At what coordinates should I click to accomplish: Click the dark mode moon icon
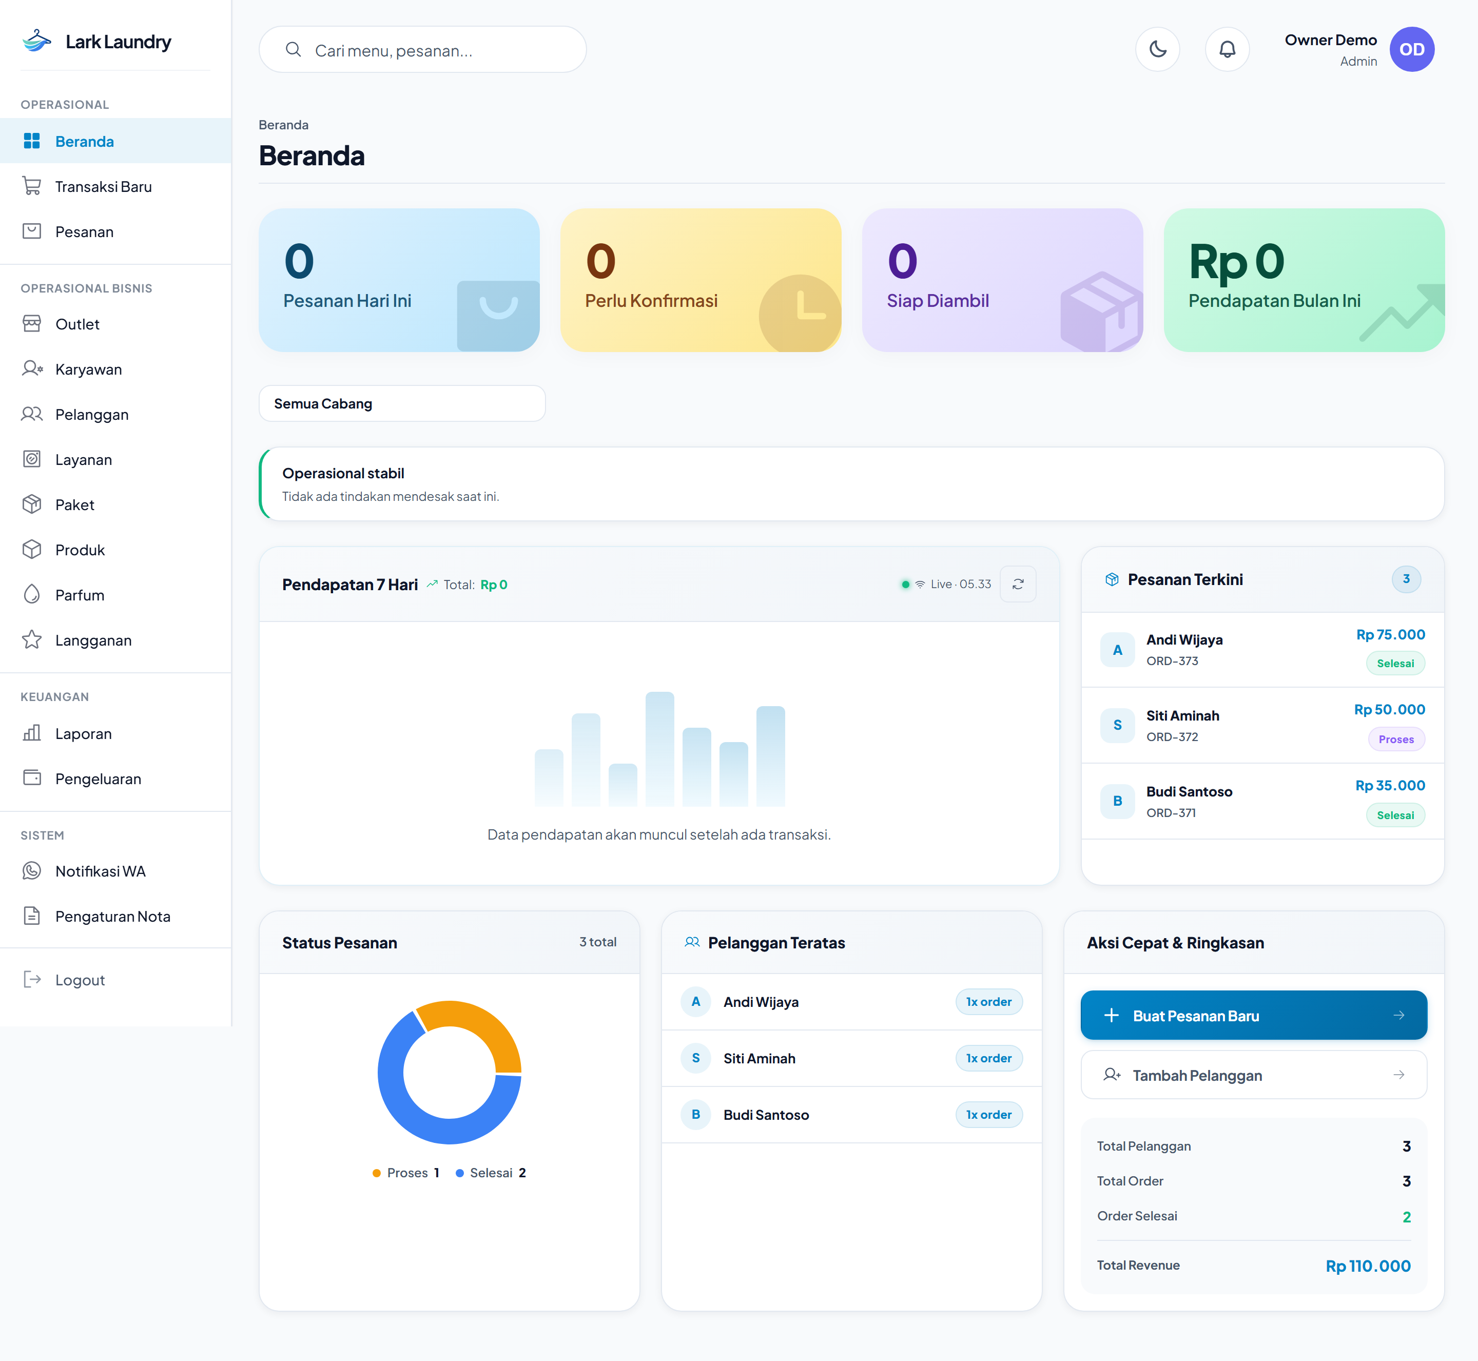[x=1158, y=49]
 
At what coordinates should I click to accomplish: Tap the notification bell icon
[x=1227, y=49]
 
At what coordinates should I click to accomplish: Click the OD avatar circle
[x=1412, y=49]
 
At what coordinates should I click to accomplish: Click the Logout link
[x=80, y=980]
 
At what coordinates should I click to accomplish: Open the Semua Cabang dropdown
[x=402, y=403]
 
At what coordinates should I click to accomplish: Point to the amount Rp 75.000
[x=1390, y=635]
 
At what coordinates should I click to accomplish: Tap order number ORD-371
[x=1171, y=812]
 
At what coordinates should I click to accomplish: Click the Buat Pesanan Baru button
[x=1253, y=1016]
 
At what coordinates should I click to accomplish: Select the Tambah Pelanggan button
[x=1253, y=1075]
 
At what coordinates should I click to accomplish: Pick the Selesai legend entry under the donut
[x=491, y=1173]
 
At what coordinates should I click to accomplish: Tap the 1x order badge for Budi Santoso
[x=989, y=1114]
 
